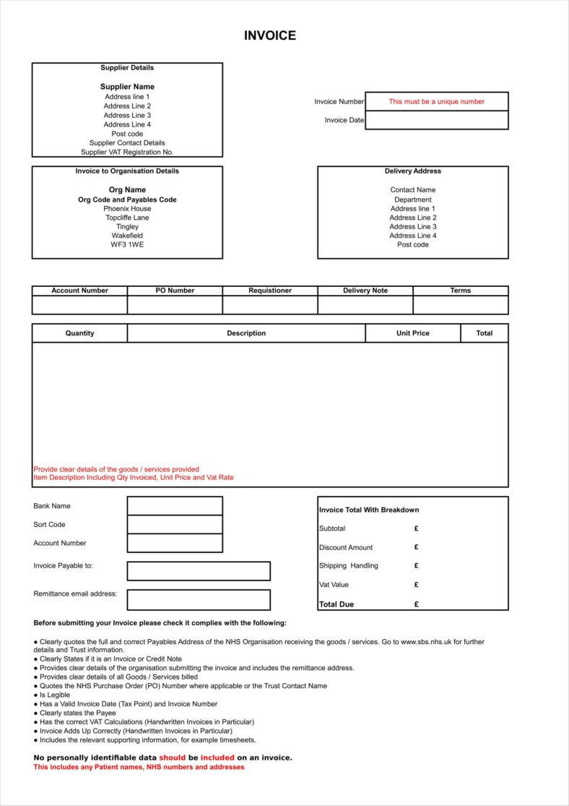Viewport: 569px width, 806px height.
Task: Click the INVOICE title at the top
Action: pyautogui.click(x=269, y=35)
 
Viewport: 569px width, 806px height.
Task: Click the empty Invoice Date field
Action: pyautogui.click(x=436, y=120)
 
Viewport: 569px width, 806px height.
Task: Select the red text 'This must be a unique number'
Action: pyautogui.click(x=436, y=101)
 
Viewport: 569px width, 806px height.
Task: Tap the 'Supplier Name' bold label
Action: pyautogui.click(x=127, y=87)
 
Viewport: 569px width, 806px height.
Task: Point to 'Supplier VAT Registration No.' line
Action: pyautogui.click(x=127, y=153)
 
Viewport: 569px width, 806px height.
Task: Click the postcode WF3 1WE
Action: pyautogui.click(x=127, y=244)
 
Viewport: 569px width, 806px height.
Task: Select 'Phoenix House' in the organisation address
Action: pyautogui.click(x=127, y=208)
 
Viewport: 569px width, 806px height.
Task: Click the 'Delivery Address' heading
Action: pyautogui.click(x=412, y=171)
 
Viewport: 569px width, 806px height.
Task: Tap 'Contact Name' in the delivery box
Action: pyautogui.click(x=412, y=190)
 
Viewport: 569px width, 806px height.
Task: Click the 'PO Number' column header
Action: pyautogui.click(x=175, y=291)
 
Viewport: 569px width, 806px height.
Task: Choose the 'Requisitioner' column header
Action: pyautogui.click(x=270, y=291)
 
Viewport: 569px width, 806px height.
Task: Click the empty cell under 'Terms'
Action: pyautogui.click(x=460, y=305)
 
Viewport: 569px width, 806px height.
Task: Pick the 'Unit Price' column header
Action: pyautogui.click(x=412, y=333)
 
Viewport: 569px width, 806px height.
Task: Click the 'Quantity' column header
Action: pyautogui.click(x=79, y=333)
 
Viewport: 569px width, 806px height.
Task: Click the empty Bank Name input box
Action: pyautogui.click(x=175, y=506)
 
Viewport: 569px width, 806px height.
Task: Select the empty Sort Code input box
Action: pyautogui.click(x=175, y=524)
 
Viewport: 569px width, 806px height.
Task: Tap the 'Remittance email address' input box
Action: pyautogui.click(x=199, y=599)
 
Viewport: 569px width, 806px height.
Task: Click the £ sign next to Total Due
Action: pyautogui.click(x=417, y=604)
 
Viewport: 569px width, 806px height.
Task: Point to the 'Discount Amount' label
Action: pyautogui.click(x=346, y=548)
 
